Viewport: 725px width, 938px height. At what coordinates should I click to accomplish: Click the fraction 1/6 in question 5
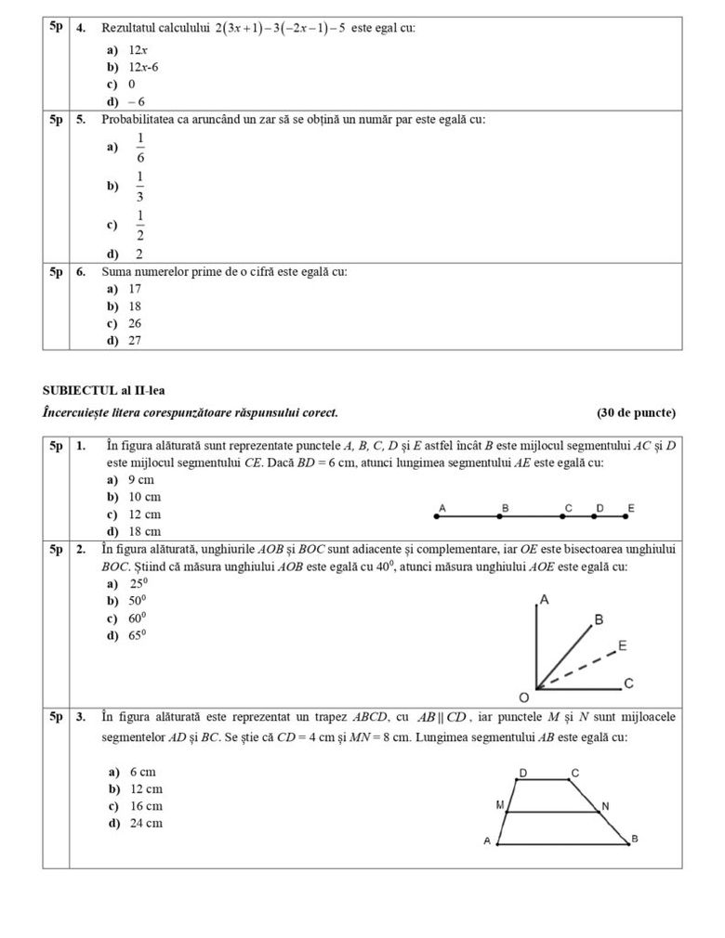point(140,148)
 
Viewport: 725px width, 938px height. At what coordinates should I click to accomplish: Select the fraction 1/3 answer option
point(140,187)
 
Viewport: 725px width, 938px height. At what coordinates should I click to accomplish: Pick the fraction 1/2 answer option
point(140,226)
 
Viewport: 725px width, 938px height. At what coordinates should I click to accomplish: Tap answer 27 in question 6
point(135,340)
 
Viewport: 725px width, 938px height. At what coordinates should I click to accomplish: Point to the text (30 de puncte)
point(636,412)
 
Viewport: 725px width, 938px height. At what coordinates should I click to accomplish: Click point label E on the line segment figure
point(631,508)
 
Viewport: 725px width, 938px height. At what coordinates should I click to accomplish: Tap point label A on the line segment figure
point(442,508)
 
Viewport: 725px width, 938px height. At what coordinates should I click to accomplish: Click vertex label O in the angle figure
point(523,697)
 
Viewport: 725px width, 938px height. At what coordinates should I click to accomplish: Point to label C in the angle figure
point(628,684)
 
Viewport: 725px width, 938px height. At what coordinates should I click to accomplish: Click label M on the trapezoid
point(500,805)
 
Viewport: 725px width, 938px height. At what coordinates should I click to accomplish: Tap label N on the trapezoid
point(605,805)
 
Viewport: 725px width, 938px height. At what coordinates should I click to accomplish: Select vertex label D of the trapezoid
point(522,773)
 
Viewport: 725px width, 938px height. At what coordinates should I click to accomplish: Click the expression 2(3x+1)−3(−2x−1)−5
point(280,29)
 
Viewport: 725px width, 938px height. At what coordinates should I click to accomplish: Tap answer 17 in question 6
point(135,289)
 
